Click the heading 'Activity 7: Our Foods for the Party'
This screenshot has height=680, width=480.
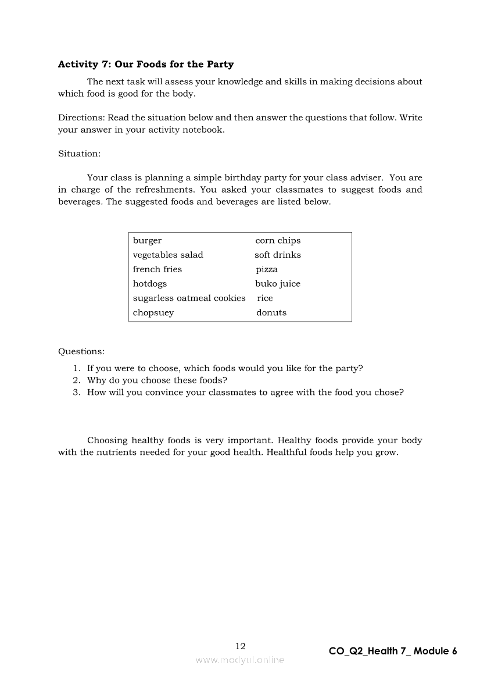[145, 65]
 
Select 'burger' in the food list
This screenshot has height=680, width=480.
[147, 241]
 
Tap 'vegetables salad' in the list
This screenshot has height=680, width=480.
[168, 255]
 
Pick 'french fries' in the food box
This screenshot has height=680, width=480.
[157, 269]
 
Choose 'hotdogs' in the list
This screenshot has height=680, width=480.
[149, 284]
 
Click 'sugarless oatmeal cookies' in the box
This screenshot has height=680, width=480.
[189, 298]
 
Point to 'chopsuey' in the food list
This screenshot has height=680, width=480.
[153, 312]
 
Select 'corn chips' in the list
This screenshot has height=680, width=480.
[278, 241]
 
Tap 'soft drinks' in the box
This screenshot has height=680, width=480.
[278, 255]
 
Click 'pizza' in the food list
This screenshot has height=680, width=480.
[267, 270]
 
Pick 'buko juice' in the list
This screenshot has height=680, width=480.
[278, 284]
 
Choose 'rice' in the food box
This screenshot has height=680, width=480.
[264, 298]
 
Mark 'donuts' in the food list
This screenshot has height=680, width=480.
[271, 312]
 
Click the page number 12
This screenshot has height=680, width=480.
[241, 646]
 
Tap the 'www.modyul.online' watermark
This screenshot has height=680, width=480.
[240, 660]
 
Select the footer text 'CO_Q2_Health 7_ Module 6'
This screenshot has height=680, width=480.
[393, 651]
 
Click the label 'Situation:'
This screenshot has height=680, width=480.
[79, 154]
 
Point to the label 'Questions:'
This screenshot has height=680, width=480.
[81, 351]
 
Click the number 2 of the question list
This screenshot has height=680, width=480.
[76, 380]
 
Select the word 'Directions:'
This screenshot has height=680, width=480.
[81, 118]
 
